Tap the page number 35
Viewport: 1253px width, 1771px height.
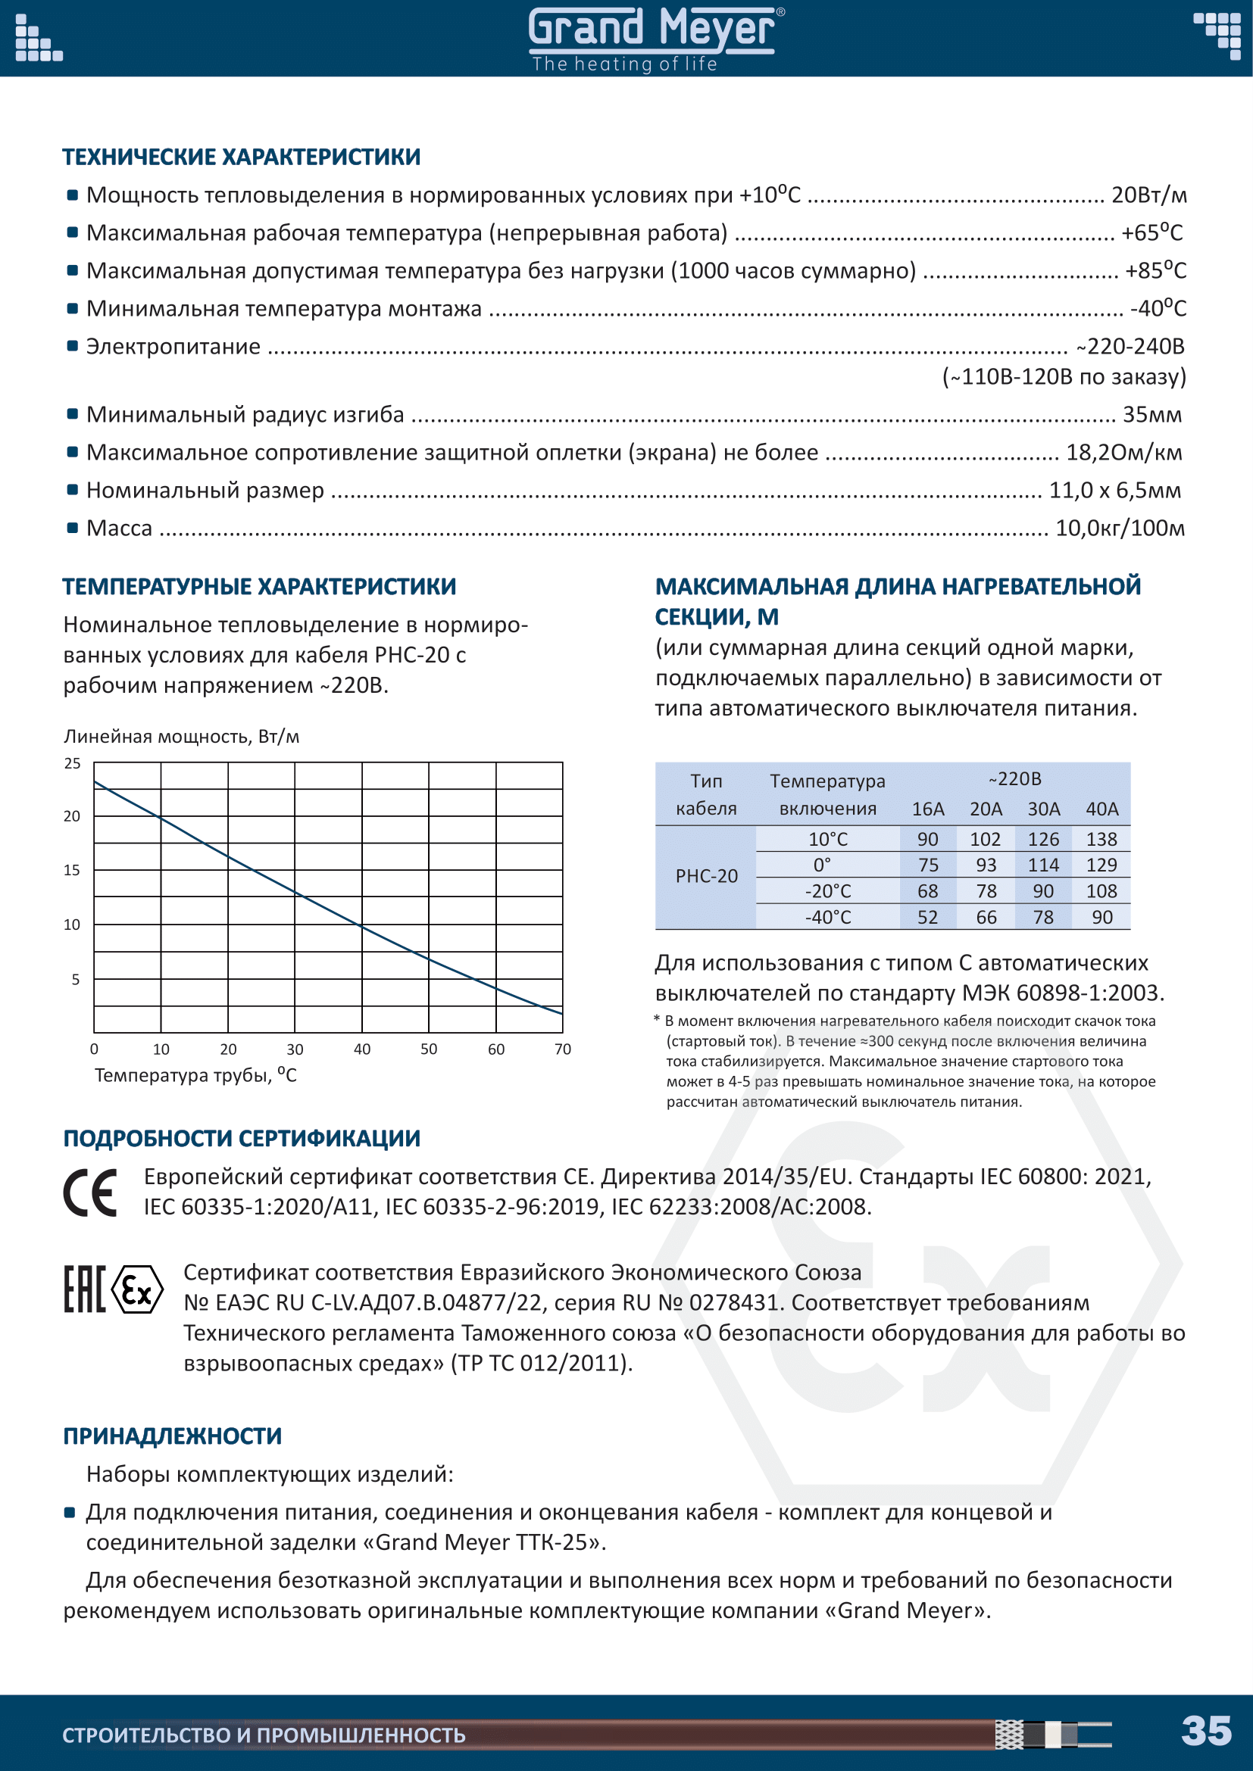(1206, 1730)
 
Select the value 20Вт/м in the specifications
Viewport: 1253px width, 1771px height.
(1148, 195)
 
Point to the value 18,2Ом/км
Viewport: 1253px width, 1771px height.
(1123, 452)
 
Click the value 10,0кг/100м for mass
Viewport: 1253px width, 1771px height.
(1120, 528)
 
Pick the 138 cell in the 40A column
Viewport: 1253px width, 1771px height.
(1101, 839)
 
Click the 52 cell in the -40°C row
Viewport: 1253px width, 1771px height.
(927, 917)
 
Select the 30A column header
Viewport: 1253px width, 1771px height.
(1043, 809)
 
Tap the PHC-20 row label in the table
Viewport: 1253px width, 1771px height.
(706, 876)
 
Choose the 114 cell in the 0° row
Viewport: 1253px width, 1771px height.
(1043, 865)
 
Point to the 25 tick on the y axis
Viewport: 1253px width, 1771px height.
(73, 764)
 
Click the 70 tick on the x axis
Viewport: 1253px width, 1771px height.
(562, 1049)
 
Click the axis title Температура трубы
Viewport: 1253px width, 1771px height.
(195, 1075)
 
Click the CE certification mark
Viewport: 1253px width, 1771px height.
(90, 1193)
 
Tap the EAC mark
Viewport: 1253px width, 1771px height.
(83, 1289)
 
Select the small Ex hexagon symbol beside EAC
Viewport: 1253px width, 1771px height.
(137, 1289)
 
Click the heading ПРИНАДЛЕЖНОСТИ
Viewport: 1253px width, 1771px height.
(172, 1436)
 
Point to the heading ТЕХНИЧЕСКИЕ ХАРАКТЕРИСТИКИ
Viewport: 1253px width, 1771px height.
(242, 157)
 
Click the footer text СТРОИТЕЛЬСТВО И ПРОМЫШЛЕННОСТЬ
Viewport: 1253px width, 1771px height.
(264, 1735)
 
